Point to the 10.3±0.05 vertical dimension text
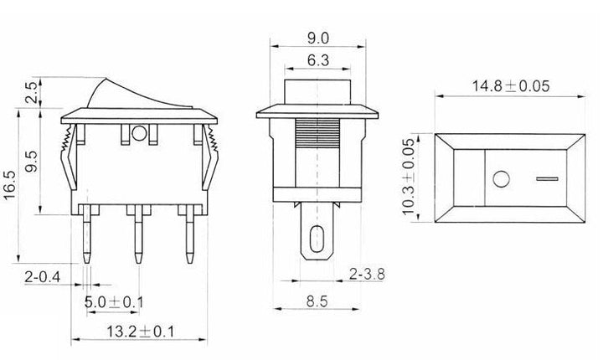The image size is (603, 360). tap(409, 177)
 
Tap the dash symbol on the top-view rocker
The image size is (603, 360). tap(545, 177)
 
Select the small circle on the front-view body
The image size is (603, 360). tap(139, 132)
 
